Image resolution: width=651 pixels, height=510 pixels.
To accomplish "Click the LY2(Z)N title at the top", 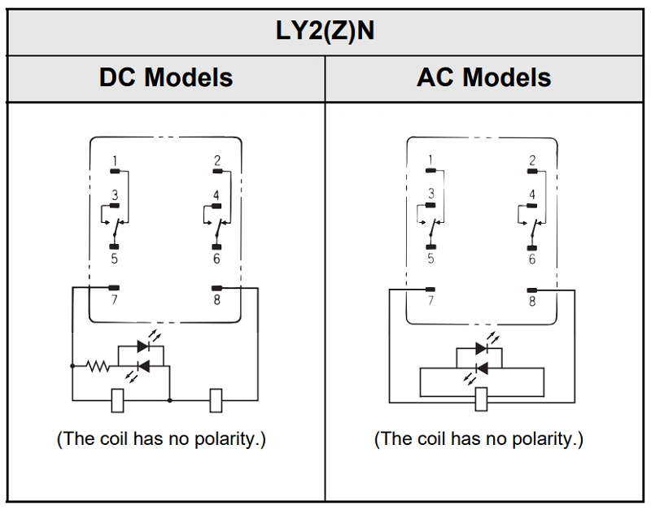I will click(325, 33).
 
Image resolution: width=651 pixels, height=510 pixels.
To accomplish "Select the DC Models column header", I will click(166, 77).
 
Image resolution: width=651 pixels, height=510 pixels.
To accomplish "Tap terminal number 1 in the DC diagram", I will click(116, 159).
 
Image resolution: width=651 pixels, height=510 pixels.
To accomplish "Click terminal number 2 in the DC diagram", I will click(217, 160).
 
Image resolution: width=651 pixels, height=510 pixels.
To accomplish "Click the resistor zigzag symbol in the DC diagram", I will click(99, 366).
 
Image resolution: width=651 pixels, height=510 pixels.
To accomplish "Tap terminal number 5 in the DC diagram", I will click(116, 259).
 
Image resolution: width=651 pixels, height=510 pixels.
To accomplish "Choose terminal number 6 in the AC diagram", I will click(532, 259).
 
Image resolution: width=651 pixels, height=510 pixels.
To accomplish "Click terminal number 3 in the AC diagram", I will click(431, 194).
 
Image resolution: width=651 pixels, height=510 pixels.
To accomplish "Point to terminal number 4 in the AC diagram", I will click(532, 194).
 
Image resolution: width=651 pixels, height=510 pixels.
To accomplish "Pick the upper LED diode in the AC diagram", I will click(481, 347).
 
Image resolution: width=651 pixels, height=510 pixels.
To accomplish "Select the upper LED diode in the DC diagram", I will click(143, 346).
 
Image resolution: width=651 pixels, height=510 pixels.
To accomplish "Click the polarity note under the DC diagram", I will click(161, 439).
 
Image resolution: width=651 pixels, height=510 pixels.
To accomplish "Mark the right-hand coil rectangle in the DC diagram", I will click(216, 399).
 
